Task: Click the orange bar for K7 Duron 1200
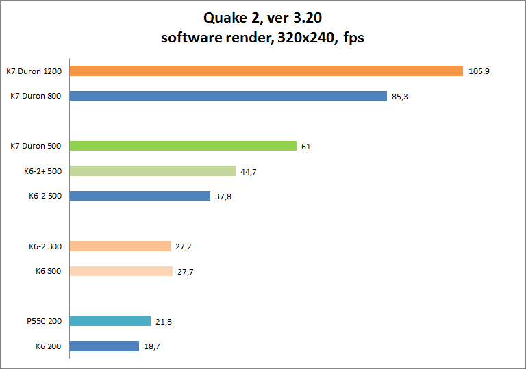tap(266, 71)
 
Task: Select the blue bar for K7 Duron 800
tap(228, 96)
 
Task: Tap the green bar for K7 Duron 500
tap(183, 146)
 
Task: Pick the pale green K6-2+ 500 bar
tap(152, 171)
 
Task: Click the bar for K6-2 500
tap(140, 196)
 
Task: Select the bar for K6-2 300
tap(120, 246)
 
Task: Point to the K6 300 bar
tap(121, 271)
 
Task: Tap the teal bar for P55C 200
tap(110, 321)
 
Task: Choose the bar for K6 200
tap(104, 346)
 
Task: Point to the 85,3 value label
tap(400, 97)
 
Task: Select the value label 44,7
tap(248, 171)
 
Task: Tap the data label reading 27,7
tap(186, 272)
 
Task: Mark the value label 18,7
tap(152, 346)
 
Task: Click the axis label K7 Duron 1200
tap(34, 71)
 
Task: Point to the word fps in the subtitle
tap(352, 38)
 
